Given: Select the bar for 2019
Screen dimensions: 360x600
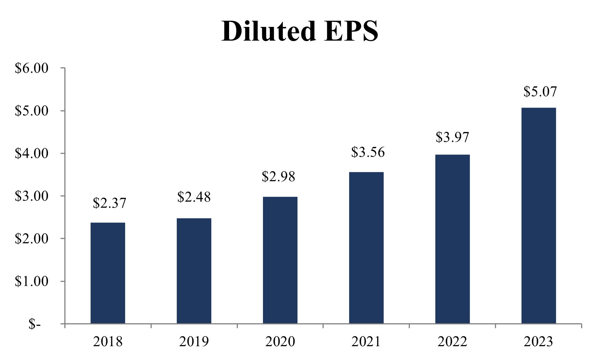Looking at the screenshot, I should pyautogui.click(x=194, y=271).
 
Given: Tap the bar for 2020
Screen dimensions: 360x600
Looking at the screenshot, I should pyautogui.click(x=280, y=260).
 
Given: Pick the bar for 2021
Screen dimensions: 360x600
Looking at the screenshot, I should pyautogui.click(x=366, y=248).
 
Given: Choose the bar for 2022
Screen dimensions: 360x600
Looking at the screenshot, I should pyautogui.click(x=452, y=239).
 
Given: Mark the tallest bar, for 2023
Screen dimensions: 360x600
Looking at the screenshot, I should pyautogui.click(x=539, y=215).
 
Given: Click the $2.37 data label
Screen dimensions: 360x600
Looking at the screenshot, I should pyautogui.click(x=109, y=203).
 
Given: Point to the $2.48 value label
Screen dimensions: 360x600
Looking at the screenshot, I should pyautogui.click(x=194, y=197).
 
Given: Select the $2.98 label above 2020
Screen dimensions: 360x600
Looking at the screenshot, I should pyautogui.click(x=279, y=177).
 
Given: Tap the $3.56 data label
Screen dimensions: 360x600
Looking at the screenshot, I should pyautogui.click(x=368, y=152).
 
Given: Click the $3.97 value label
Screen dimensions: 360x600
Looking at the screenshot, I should pyautogui.click(x=452, y=137).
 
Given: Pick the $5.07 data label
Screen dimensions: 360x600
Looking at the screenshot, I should pyautogui.click(x=540, y=91).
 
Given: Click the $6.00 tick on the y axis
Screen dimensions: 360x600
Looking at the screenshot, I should pyautogui.click(x=31, y=68).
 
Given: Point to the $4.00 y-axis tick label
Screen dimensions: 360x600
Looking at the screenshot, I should pyautogui.click(x=31, y=153).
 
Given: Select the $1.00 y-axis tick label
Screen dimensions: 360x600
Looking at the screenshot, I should pyautogui.click(x=31, y=281).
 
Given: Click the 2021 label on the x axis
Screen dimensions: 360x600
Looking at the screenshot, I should pyautogui.click(x=366, y=342).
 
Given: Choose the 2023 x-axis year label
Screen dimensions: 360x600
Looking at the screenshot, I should pyautogui.click(x=539, y=342).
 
